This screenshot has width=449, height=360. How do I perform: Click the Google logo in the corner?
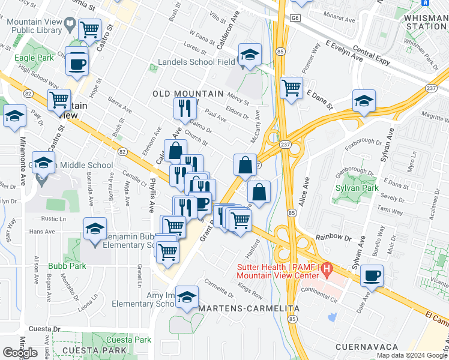tap(20, 353)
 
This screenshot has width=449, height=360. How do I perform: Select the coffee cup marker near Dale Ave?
tap(372, 275)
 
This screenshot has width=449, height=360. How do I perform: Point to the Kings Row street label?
tap(250, 295)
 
